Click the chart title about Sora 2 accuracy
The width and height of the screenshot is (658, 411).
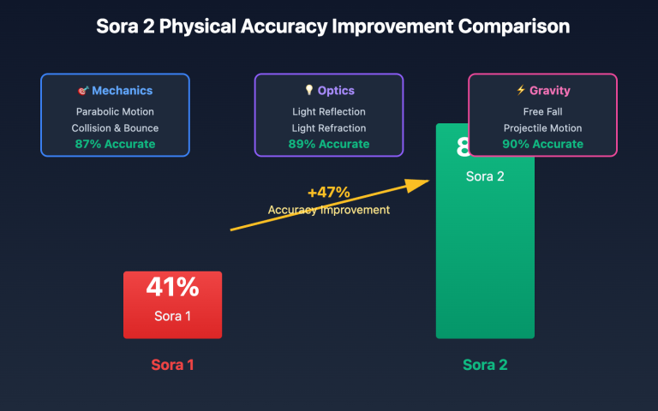pos(329,27)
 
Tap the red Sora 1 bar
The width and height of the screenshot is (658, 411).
pos(172,305)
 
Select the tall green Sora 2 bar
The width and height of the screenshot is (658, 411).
pos(485,257)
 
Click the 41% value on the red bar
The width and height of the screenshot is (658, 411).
pos(172,288)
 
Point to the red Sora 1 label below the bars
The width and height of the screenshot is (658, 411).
pos(172,365)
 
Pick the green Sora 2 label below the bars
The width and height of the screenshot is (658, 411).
pos(485,365)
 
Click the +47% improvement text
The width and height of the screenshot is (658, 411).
pos(329,193)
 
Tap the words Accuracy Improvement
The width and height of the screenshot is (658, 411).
pos(329,210)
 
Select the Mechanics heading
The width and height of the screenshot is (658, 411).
pos(122,91)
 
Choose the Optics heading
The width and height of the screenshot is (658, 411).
pos(336,91)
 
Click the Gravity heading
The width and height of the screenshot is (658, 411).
pos(549,91)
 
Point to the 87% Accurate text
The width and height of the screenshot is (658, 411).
pos(115,144)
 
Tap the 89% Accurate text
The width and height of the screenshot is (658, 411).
pos(329,144)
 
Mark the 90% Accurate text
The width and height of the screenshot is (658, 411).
pos(542,144)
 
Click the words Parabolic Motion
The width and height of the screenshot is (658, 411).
pos(115,111)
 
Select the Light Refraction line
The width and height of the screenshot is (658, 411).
pos(329,128)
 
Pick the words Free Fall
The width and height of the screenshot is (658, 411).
pos(542,111)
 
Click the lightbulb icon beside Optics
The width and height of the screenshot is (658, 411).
pos(309,91)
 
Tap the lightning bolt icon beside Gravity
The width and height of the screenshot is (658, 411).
pos(521,91)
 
